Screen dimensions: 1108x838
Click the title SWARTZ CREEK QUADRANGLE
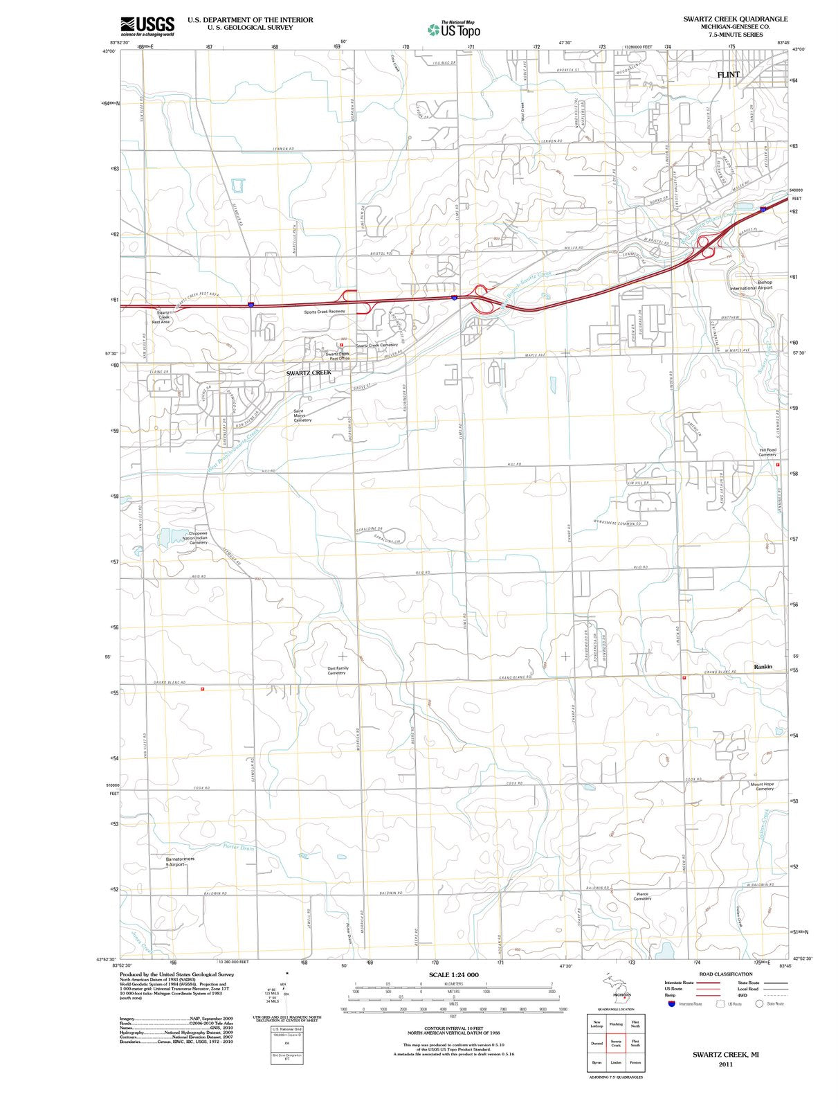[735, 19]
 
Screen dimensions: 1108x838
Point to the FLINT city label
[728, 75]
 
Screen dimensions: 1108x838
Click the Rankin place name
[763, 667]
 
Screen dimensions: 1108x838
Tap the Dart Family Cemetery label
[338, 670]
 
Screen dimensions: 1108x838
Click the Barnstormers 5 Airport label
[180, 861]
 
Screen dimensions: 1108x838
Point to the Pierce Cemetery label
[642, 896]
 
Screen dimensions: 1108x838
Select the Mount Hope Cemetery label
[762, 786]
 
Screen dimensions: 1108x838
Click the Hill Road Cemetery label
[767, 452]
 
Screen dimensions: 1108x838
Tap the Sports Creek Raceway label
[324, 312]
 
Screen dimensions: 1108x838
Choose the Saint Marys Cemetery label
[303, 415]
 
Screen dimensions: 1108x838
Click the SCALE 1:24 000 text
[453, 974]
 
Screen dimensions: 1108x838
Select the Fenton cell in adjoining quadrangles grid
[635, 1062]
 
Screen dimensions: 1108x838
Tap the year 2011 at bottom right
[725, 1064]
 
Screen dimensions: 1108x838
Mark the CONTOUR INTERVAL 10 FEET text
[453, 1028]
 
